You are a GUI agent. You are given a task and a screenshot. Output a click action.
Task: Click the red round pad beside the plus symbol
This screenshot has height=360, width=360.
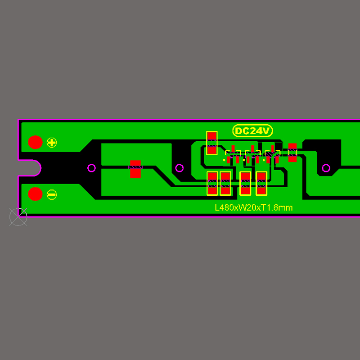[36, 142]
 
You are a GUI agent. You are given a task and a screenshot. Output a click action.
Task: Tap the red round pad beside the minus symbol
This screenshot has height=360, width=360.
[36, 194]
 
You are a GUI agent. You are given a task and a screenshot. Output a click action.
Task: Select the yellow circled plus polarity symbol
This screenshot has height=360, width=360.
[52, 143]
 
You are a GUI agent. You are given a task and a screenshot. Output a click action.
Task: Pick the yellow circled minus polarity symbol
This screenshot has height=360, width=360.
[52, 195]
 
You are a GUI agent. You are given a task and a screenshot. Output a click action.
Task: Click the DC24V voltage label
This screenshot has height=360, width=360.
[252, 130]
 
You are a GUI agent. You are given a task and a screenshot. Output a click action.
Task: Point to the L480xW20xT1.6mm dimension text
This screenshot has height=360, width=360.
[254, 207]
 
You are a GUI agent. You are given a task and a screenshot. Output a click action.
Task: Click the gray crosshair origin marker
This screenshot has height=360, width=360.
[18, 217]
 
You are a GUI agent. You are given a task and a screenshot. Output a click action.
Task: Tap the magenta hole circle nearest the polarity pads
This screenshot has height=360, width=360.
[92, 168]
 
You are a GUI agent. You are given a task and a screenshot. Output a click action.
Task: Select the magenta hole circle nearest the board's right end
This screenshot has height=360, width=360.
[326, 168]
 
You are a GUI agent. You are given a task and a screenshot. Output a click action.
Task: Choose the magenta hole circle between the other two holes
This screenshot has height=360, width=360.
[180, 168]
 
